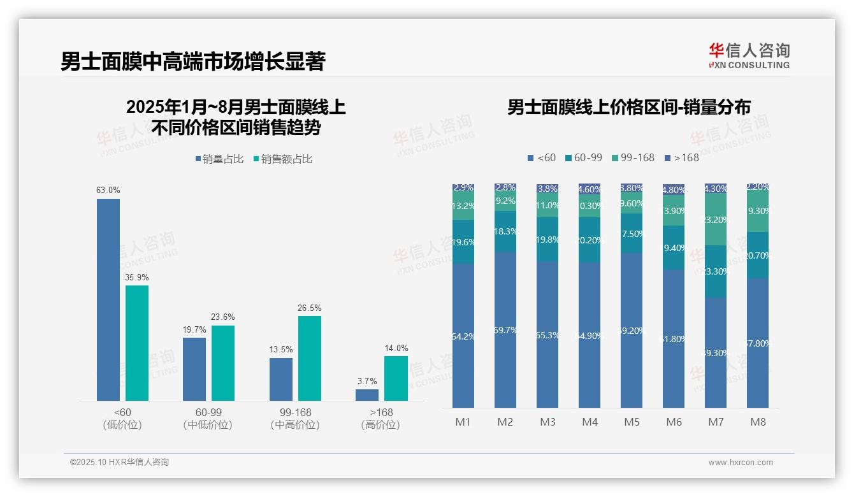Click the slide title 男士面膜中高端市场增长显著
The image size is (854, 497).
click(x=193, y=61)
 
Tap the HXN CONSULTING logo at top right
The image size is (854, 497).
click(x=749, y=55)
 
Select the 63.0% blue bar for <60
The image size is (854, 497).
click(x=108, y=299)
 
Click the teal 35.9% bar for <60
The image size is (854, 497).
click(x=137, y=343)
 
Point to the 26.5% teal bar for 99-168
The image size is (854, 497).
click(x=310, y=358)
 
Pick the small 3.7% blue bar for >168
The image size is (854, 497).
click(x=367, y=395)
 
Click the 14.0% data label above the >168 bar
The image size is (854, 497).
click(x=396, y=348)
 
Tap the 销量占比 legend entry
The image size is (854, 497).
click(x=219, y=159)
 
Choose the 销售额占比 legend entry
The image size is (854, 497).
click(x=283, y=159)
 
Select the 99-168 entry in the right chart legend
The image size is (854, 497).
click(x=633, y=157)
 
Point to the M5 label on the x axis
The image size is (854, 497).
click(x=632, y=422)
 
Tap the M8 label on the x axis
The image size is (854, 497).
click(x=758, y=422)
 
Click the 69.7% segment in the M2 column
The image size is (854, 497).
click(x=505, y=329)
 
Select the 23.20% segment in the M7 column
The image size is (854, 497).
click(x=716, y=219)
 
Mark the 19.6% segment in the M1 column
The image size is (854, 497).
click(x=463, y=242)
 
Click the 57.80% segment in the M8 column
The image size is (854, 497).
click(x=758, y=343)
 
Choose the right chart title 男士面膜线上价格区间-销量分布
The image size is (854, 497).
click(x=628, y=107)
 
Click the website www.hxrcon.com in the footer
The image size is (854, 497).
click(x=740, y=463)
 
